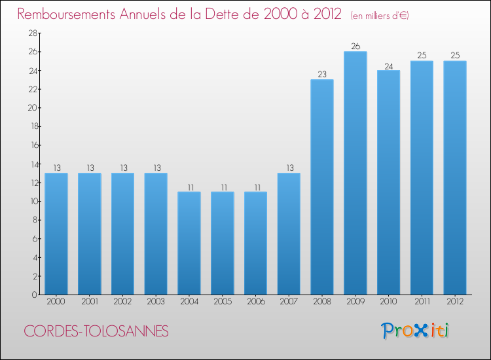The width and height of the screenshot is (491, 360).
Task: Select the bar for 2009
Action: [355, 173]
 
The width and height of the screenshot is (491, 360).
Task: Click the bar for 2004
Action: [189, 243]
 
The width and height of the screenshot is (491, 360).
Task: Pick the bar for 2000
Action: [56, 234]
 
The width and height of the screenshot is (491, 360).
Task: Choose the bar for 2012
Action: [455, 177]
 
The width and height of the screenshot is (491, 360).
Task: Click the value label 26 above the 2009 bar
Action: [355, 46]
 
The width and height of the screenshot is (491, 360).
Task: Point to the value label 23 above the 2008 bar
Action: [322, 75]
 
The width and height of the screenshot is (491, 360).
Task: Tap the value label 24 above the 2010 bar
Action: [389, 65]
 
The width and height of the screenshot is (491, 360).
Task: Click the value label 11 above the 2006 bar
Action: [256, 187]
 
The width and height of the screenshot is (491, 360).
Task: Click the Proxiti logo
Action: [416, 331]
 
